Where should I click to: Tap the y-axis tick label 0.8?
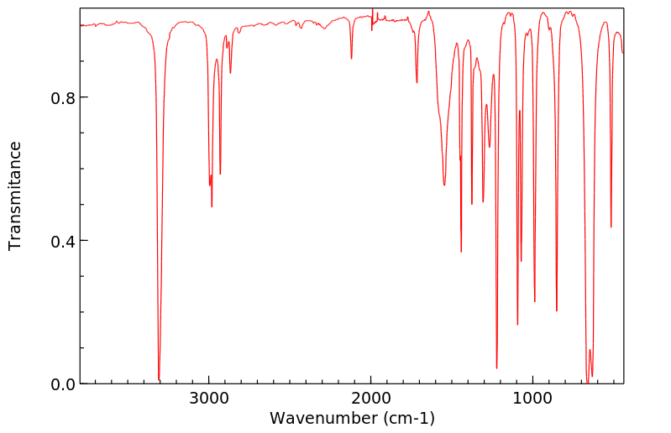(64, 97)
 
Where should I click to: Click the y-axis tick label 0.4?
(64, 241)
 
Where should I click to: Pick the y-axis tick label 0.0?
(64, 384)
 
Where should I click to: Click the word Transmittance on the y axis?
(15, 196)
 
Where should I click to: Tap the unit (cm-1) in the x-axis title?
(408, 418)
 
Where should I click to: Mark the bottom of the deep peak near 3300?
(159, 379)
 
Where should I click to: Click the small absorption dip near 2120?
(351, 59)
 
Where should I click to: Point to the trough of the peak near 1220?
(496, 368)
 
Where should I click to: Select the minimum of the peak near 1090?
(517, 325)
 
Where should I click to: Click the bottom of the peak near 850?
(556, 311)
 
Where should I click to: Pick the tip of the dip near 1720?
(417, 83)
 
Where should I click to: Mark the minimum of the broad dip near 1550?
(444, 185)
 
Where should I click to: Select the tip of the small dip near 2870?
(230, 73)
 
